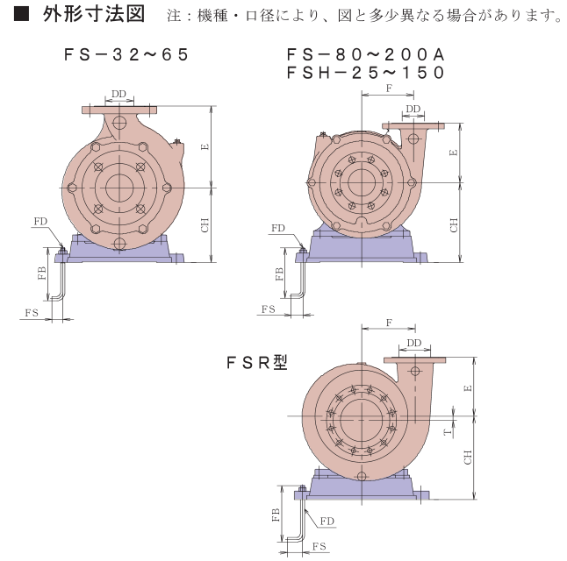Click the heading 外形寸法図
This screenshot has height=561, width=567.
click(94, 14)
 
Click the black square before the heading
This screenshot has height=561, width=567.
click(21, 14)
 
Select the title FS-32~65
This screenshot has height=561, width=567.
click(126, 54)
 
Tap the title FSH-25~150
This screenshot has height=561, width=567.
click(365, 73)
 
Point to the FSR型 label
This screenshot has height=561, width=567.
click(257, 362)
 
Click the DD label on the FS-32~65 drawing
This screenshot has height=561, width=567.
click(119, 94)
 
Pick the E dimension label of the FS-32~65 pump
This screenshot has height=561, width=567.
click(205, 146)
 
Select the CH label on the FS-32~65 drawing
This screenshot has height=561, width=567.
click(205, 224)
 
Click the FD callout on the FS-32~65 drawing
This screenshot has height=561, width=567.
click(40, 221)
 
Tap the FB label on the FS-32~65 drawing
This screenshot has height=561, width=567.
click(42, 273)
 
